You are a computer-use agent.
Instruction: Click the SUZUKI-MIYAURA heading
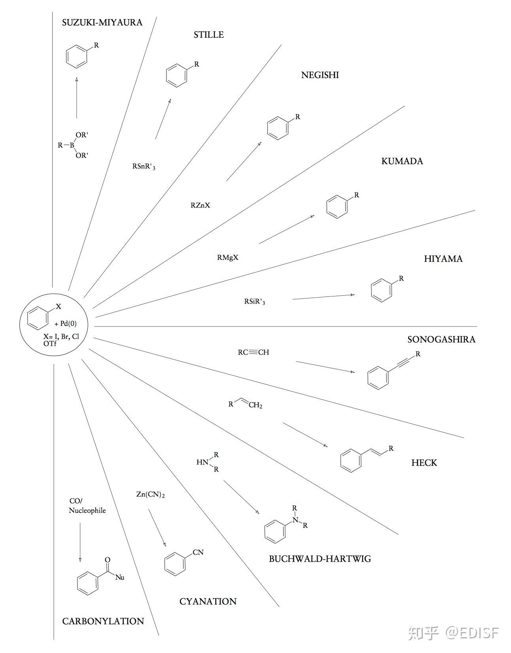pos(102,23)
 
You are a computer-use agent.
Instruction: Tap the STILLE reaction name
pos(208,35)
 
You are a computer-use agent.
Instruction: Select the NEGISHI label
pos(320,75)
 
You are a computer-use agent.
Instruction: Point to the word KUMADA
pos(402,161)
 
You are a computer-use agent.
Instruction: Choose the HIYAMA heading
pos(443,259)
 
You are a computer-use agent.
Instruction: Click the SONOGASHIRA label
pos(441,340)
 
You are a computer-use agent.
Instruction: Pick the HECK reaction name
pos(424,463)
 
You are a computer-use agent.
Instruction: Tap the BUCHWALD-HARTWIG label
pos(320,559)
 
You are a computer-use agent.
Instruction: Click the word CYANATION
pos(208,602)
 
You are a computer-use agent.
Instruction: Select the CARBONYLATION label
pos(103,621)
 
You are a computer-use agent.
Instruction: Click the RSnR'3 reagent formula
pos(144,167)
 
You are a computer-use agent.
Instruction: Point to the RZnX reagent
pos(200,206)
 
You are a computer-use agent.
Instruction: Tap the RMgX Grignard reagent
pos(227,258)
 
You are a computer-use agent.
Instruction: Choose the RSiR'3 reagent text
pos(254,302)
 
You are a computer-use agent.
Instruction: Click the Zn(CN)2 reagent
pos(150,494)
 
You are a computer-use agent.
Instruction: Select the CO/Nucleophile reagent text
pos(87,506)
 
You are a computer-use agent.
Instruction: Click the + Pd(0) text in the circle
pos(66,324)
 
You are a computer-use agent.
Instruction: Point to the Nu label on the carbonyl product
pos(120,578)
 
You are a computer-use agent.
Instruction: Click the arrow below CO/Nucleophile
pos(80,542)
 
